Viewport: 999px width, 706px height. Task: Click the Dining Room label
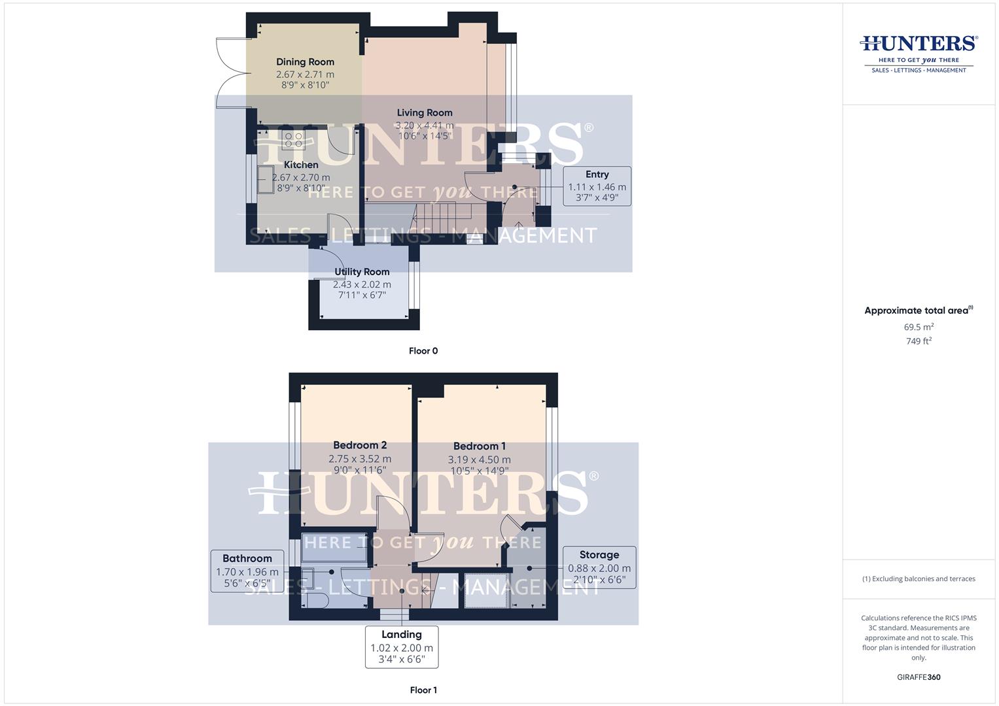pos(305,62)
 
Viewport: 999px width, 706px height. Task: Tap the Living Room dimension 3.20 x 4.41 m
pos(424,126)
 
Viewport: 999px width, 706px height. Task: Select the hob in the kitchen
pos(293,139)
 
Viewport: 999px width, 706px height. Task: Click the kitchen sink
pos(266,180)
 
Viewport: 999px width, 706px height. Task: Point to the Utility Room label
pos(362,272)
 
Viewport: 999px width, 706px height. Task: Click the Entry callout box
pos(597,186)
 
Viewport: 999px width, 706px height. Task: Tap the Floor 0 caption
pos(423,351)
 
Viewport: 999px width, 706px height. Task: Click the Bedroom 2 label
pos(360,445)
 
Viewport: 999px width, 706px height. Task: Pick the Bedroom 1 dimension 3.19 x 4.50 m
pos(479,460)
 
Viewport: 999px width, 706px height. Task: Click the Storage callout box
pos(599,567)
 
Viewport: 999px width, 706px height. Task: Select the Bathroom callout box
pos(247,571)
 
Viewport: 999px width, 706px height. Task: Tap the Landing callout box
pos(401,647)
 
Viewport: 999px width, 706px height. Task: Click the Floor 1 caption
pos(423,690)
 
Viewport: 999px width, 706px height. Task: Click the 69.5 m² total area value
pos(919,327)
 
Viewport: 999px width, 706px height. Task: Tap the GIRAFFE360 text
pos(919,677)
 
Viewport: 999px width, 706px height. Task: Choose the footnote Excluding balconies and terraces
pos(919,579)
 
